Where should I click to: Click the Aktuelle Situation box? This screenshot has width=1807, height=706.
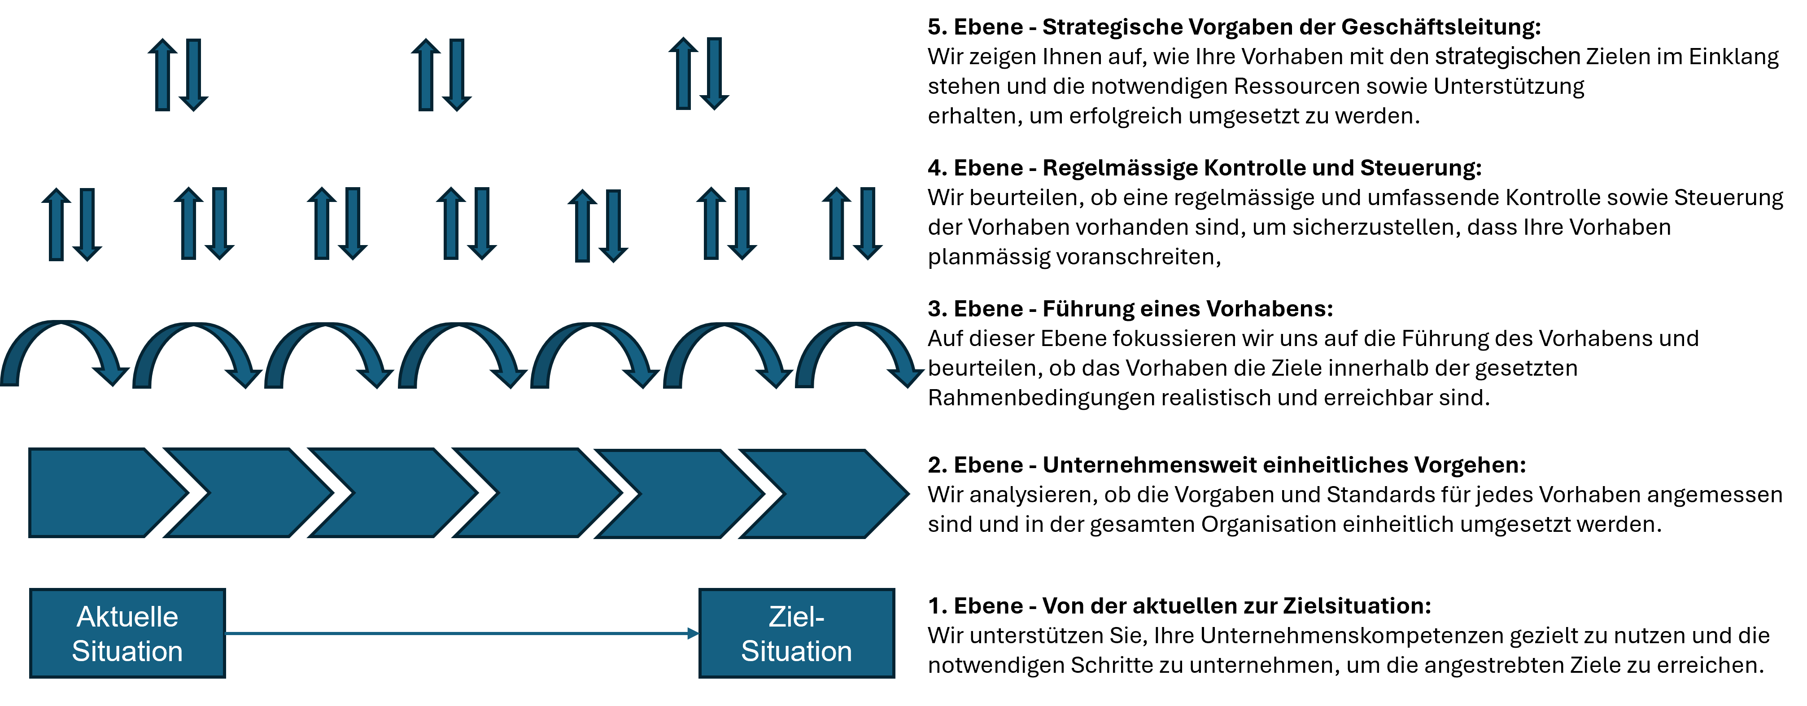(x=127, y=633)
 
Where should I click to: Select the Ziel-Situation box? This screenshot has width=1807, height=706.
(x=796, y=633)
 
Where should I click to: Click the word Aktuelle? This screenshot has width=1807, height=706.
(x=127, y=617)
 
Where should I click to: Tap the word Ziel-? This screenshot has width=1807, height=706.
(x=796, y=617)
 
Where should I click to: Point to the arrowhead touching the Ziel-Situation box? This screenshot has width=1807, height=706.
(x=693, y=634)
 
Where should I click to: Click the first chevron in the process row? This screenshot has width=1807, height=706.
(x=98, y=493)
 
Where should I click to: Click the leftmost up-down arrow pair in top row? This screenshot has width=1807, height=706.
(x=178, y=75)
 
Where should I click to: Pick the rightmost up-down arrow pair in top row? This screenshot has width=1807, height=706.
(x=698, y=74)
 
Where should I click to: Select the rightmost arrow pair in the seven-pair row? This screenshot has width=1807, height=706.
(x=851, y=223)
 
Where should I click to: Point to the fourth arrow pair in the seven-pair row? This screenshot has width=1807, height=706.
(x=467, y=223)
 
